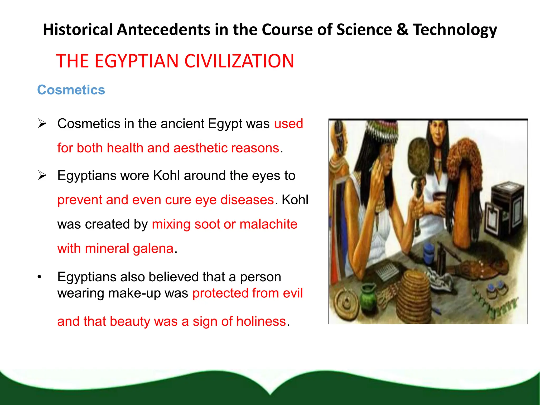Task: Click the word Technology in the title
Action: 455,30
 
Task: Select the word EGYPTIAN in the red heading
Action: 136,61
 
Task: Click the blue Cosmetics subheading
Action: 71,90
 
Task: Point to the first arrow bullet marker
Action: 42,123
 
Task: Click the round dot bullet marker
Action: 40,277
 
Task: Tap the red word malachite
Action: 268,224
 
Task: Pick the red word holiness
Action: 261,321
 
